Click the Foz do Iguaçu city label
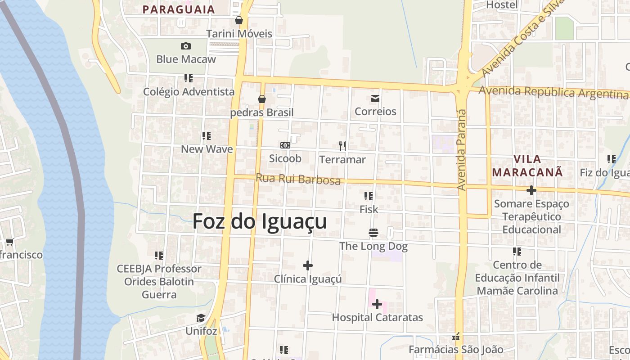click(x=260, y=221)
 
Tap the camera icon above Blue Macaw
click(x=185, y=46)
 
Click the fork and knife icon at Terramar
click(x=342, y=146)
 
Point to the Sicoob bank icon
click(x=285, y=145)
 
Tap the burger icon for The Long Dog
click(x=373, y=233)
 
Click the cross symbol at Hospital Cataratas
click(x=377, y=305)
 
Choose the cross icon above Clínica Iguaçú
click(x=308, y=265)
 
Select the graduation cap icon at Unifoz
click(x=201, y=318)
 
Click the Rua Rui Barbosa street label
click(x=298, y=179)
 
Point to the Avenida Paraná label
click(x=461, y=148)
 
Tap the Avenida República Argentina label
click(x=553, y=92)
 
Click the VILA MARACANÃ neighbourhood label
click(x=527, y=165)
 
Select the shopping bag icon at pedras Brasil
click(x=261, y=99)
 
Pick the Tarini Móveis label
click(x=239, y=34)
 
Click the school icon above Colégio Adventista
click(x=189, y=78)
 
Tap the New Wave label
click(x=207, y=149)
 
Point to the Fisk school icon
click(x=369, y=196)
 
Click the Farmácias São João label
click(x=456, y=349)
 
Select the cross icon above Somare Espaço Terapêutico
click(x=531, y=190)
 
